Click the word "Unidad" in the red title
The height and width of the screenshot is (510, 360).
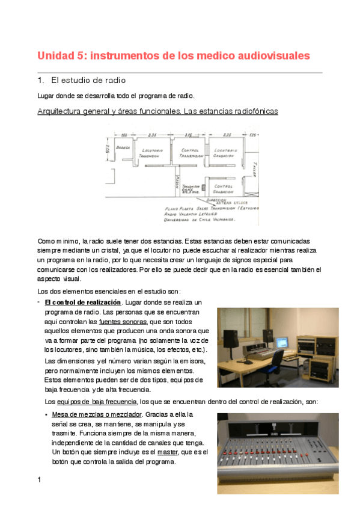tap(55, 56)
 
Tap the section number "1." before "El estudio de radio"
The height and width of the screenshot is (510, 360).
tap(41, 80)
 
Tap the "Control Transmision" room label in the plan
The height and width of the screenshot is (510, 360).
tap(190, 153)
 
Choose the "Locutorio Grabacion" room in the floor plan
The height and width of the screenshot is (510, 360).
tap(228, 153)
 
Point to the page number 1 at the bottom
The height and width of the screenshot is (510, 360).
tap(39, 479)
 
